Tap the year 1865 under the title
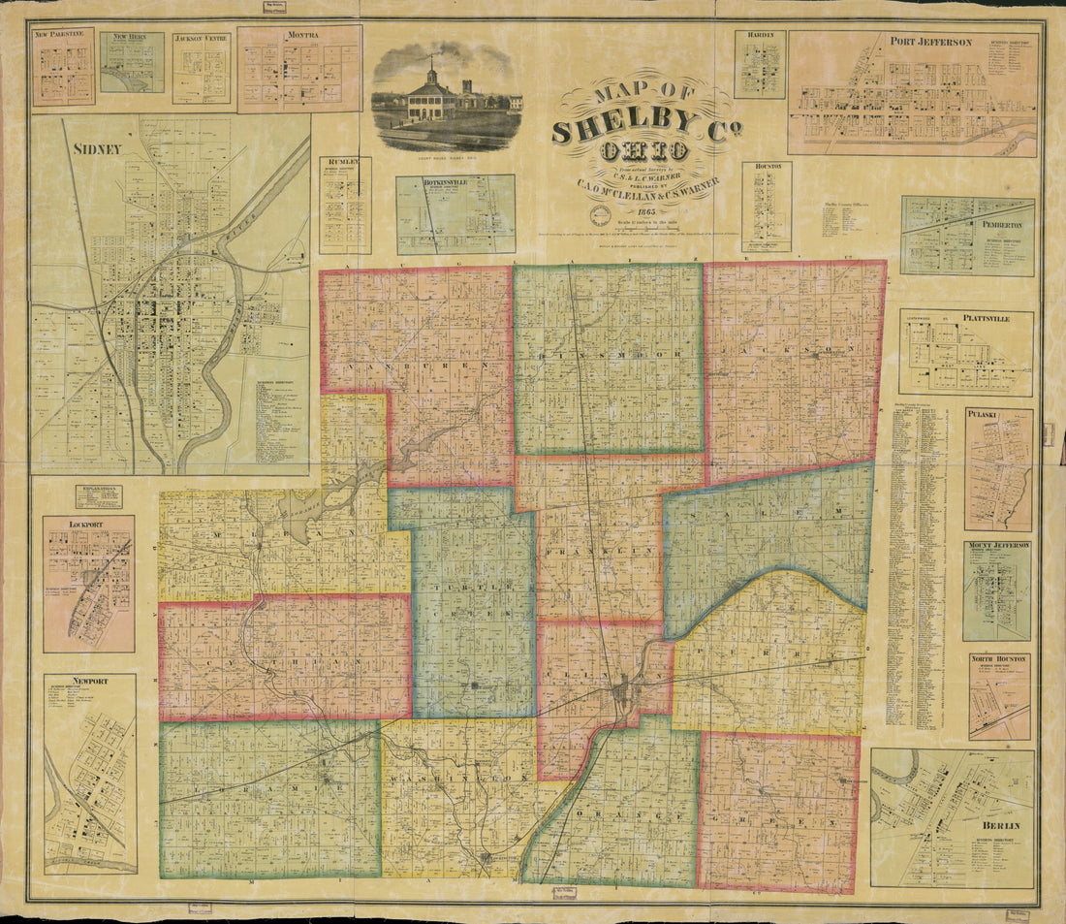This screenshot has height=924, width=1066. pyautogui.click(x=641, y=212)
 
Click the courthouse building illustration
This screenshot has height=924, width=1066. pyautogui.click(x=432, y=95)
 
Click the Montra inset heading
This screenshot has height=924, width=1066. pyautogui.click(x=300, y=35)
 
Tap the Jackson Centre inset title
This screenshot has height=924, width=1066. pyautogui.click(x=202, y=40)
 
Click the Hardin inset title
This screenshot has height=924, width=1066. pyautogui.click(x=759, y=36)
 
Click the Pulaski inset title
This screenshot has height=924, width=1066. pyautogui.click(x=998, y=414)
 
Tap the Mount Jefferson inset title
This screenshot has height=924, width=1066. pyautogui.click(x=997, y=547)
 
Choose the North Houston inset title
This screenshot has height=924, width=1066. pyautogui.click(x=998, y=658)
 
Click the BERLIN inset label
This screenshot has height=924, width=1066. pyautogui.click(x=998, y=826)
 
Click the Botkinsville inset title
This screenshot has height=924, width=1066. pyautogui.click(x=455, y=181)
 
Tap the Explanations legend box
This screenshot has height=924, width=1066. pyautogui.click(x=99, y=496)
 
